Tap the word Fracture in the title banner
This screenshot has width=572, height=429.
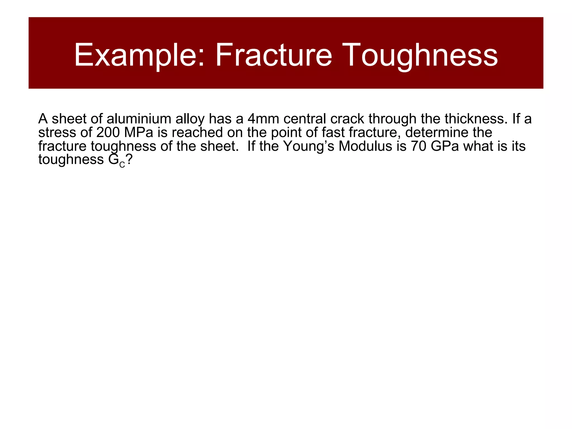(x=273, y=55)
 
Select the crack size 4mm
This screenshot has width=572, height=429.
(x=263, y=119)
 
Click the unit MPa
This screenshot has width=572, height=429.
(x=139, y=133)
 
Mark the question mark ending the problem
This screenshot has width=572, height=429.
(x=129, y=160)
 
